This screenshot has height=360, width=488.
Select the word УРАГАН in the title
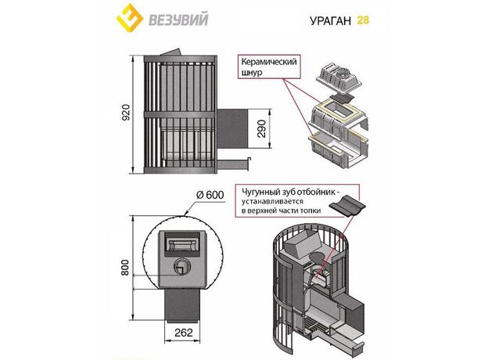[324, 20]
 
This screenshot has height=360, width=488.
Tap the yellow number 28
[362, 20]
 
